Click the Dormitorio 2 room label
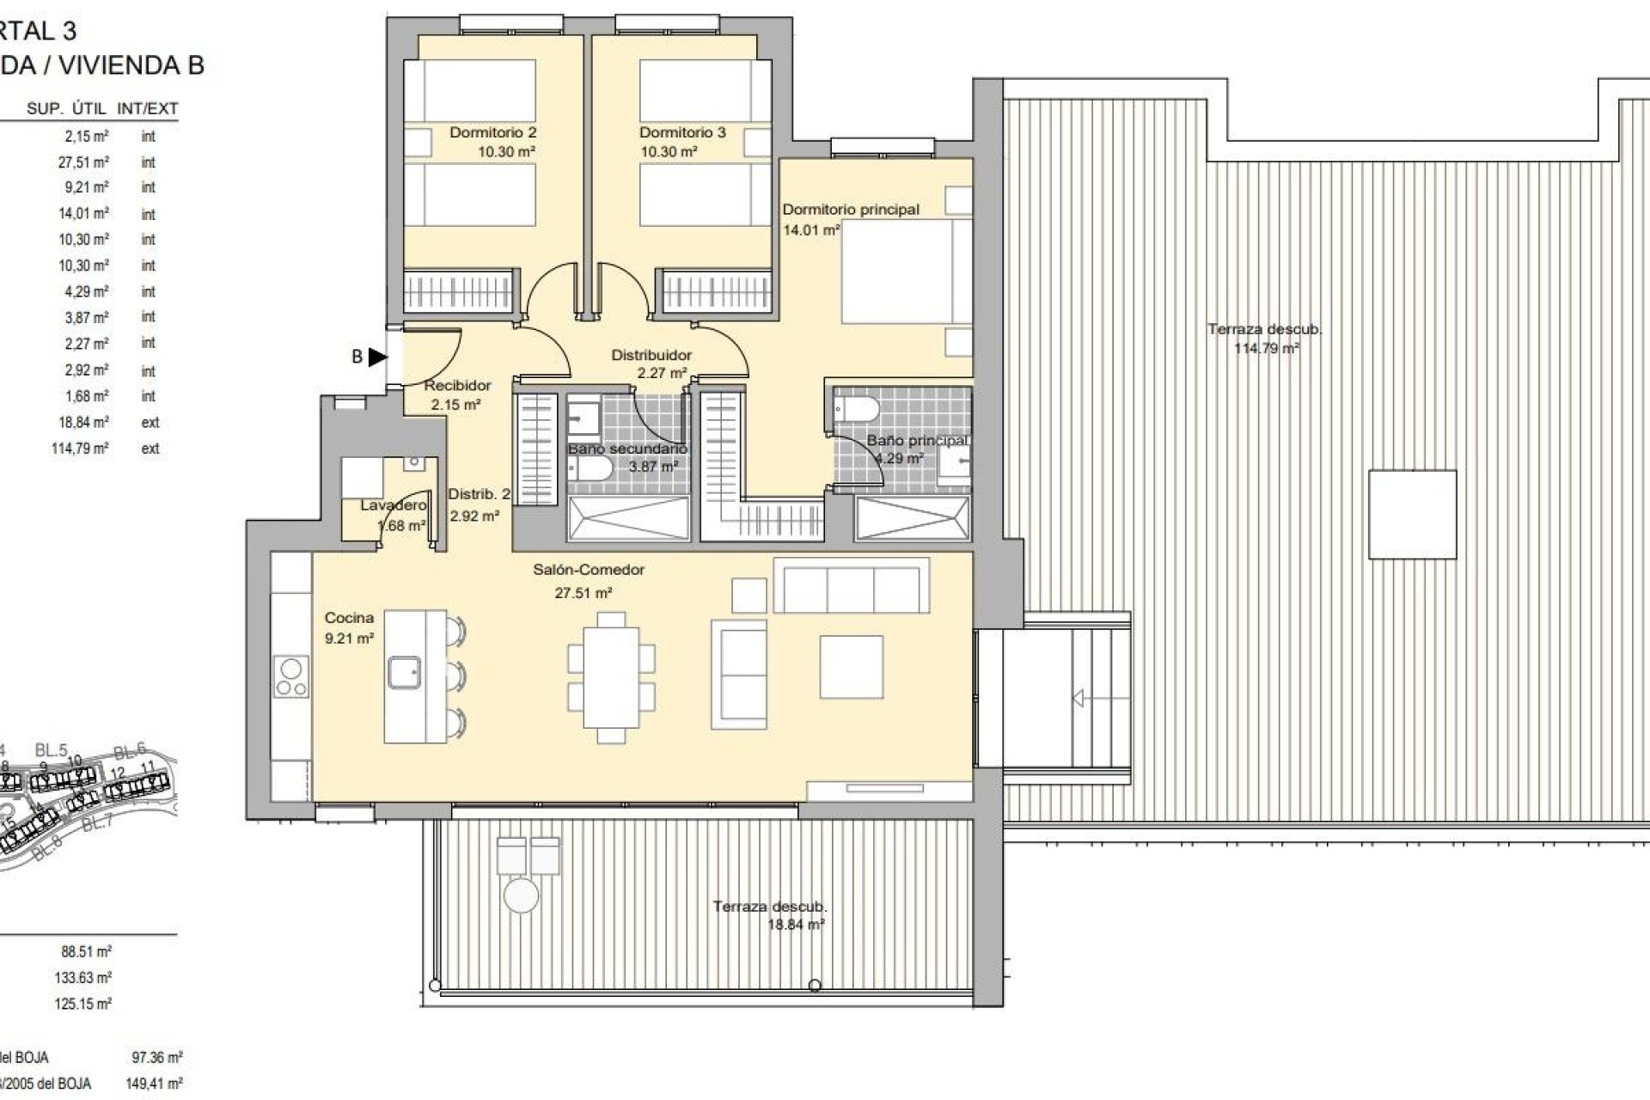point(492,132)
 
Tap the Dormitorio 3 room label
point(682,132)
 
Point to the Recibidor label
point(457,386)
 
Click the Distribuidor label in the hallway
point(651,355)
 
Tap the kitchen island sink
point(403,672)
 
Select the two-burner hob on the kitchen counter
point(291,677)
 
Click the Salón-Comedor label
point(589,570)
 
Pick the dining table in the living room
point(611,677)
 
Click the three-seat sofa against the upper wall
point(851,587)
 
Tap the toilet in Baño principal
point(856,409)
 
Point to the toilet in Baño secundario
point(590,468)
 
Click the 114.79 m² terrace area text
point(1267,349)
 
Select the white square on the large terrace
point(1412,515)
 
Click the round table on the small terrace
point(521,895)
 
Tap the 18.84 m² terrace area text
point(796,925)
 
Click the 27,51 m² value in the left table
point(83,162)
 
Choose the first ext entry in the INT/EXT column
point(150,423)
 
